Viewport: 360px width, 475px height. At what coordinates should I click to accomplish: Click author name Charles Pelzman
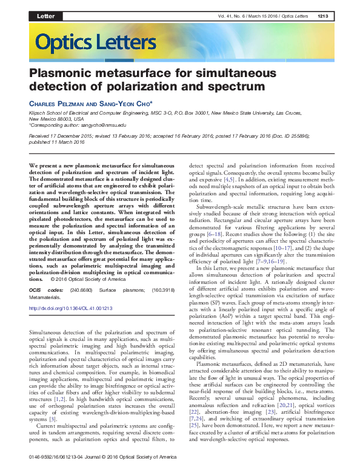(x=57, y=104)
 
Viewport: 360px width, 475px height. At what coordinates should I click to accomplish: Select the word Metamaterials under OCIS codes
(x=47, y=297)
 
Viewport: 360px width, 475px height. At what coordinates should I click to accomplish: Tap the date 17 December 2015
(x=71, y=138)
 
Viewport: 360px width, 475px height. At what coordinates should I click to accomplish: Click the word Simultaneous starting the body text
(x=50, y=334)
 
